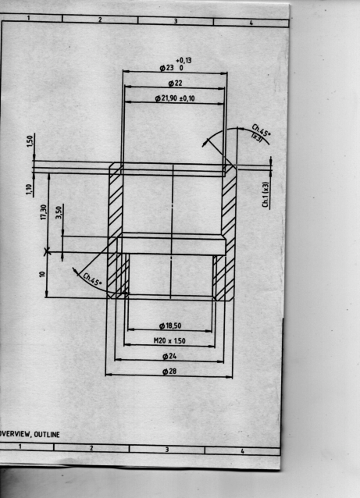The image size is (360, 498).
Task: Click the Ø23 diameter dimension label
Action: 166,68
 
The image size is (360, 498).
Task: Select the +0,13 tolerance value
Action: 184,60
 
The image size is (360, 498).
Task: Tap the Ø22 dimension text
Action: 175,84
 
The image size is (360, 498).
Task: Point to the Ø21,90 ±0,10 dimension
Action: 175,98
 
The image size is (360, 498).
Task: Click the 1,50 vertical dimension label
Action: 30,141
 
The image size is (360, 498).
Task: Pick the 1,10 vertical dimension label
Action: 30,190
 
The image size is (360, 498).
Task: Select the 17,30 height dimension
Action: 44,212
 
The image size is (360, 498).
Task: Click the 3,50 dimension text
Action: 59,212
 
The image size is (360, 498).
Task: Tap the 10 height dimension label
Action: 43,274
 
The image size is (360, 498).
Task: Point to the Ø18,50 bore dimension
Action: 170,325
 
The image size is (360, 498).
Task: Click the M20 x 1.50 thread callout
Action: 169,341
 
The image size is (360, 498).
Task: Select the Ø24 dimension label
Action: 169,356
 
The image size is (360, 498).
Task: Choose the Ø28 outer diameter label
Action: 169,371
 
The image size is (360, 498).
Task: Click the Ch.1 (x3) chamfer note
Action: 266,194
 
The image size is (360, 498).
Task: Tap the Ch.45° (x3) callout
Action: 261,133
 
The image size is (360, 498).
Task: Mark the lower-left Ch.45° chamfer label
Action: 92,279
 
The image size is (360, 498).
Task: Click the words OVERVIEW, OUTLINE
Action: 30,434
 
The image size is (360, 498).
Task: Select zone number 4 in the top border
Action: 251,23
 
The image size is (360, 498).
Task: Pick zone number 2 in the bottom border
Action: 91,448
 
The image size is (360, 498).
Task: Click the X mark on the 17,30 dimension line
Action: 47,252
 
